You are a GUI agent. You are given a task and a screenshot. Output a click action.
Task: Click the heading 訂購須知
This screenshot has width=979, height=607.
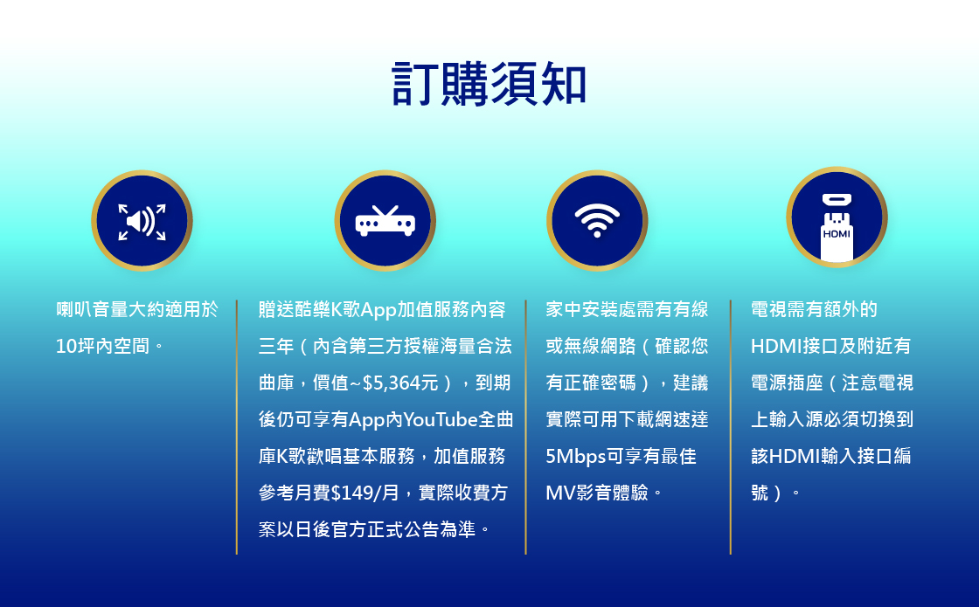tap(489, 84)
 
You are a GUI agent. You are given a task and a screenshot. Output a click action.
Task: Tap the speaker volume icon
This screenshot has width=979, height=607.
tap(142, 221)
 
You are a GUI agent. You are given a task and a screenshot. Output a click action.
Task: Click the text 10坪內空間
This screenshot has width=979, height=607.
tap(102, 346)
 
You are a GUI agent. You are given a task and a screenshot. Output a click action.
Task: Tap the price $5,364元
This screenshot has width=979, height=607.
tap(400, 383)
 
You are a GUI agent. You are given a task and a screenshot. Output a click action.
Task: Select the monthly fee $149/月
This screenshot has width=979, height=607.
tap(365, 493)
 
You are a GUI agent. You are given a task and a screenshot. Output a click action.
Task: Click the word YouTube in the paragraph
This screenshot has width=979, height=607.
tap(441, 420)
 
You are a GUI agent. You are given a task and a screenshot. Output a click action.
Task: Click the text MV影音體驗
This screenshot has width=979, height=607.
tap(597, 493)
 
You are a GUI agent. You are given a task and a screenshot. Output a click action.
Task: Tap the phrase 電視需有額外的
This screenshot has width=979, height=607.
tap(814, 309)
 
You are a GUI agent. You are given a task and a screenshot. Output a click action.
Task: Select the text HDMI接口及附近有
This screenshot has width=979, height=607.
tap(831, 346)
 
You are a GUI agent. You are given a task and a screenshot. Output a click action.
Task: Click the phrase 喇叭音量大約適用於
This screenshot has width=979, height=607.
tap(137, 309)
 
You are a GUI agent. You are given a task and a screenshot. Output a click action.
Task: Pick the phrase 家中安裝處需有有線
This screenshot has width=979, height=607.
tap(627, 309)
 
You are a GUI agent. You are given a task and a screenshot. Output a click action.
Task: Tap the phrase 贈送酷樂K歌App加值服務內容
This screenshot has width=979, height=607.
tap(382, 310)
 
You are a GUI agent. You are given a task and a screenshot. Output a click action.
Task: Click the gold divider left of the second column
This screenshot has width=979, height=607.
tap(237, 427)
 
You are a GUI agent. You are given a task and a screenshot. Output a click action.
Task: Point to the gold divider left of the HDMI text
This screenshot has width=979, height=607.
tap(730, 427)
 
